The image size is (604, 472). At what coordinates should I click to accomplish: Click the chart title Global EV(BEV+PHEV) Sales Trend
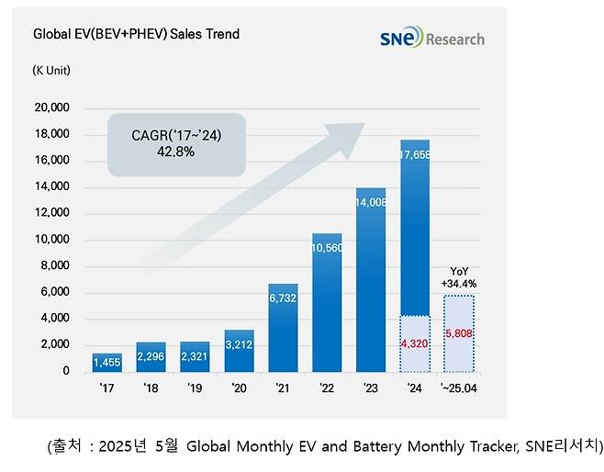coord(136,34)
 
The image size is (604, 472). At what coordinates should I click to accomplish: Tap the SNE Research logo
coord(431,38)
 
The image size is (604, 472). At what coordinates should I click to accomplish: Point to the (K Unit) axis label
coord(51,70)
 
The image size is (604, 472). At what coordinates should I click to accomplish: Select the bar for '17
coord(106,362)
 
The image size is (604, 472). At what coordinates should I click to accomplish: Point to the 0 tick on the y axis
coord(65,371)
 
